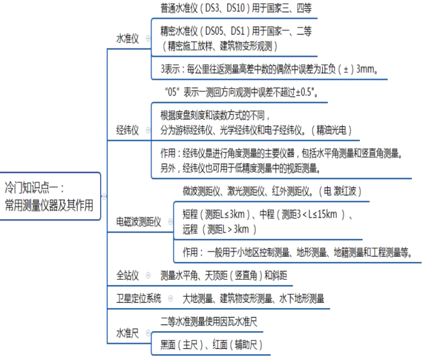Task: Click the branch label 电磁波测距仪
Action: pos(139,222)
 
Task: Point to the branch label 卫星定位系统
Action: pos(139,298)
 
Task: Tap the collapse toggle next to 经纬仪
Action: pos(147,130)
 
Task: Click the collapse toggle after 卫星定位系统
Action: pos(170,298)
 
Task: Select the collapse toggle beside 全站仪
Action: pos(147,275)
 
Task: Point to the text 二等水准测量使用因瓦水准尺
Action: pos(209,321)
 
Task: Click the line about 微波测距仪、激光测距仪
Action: pos(273,191)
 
